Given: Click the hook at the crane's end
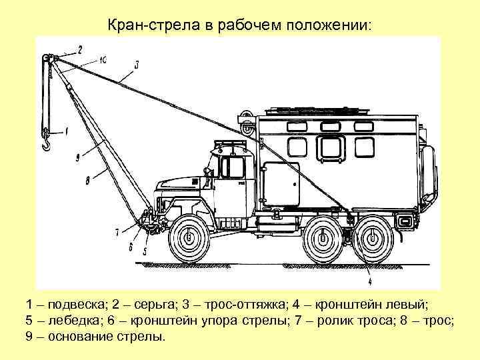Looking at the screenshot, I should [47, 141].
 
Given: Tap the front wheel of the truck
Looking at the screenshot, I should [189, 237].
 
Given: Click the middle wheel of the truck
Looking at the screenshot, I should [323, 237].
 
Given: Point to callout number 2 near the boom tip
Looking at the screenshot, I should [81, 49].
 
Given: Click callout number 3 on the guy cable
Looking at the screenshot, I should [136, 65].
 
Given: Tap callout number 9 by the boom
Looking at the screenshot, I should [78, 157].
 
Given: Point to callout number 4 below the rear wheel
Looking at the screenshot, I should [369, 266].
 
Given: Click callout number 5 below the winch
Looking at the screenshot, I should [145, 251].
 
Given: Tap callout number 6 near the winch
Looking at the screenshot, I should [131, 245].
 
